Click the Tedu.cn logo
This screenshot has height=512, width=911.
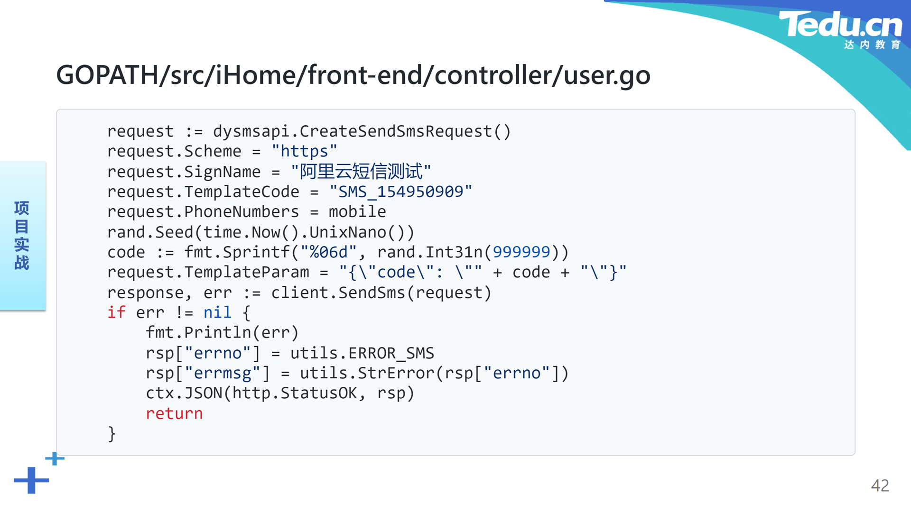[x=840, y=29]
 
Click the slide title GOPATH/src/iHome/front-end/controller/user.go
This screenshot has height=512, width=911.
[x=353, y=75]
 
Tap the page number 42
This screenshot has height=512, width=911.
[x=880, y=485]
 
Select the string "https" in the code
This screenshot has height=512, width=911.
[x=304, y=151]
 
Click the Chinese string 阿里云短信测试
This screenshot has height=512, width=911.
[x=361, y=171]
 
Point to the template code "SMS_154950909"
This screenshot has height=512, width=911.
[x=401, y=192]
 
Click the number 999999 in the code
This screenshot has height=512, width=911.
[x=521, y=252]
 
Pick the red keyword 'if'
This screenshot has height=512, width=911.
[x=116, y=312]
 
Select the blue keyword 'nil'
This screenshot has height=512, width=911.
[x=217, y=312]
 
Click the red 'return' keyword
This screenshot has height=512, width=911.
[x=174, y=413]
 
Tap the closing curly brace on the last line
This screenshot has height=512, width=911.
[x=112, y=434]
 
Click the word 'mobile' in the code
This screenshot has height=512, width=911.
[x=357, y=211]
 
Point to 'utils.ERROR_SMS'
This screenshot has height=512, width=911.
[x=362, y=353]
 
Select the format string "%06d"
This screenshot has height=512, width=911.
[x=328, y=252]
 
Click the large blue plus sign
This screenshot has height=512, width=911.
[x=31, y=480]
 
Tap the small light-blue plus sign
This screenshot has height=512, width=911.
[x=55, y=458]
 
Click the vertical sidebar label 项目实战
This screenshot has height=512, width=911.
[x=22, y=235]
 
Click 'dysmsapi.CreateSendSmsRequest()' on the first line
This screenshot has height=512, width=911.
[x=362, y=131]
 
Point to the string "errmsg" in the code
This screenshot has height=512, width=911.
[x=222, y=373]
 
